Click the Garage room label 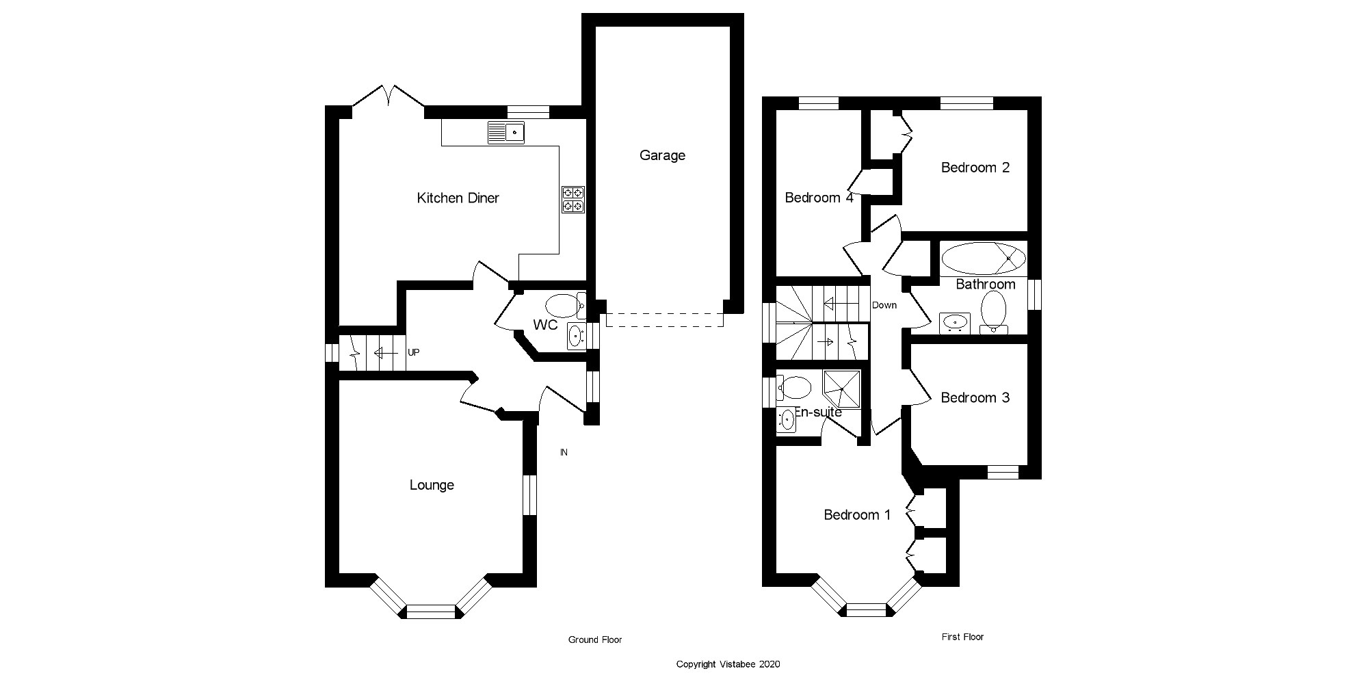662,155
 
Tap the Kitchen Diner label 458,198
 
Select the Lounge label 432,485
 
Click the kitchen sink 506,132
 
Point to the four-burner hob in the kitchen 573,199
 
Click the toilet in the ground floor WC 562,304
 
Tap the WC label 545,325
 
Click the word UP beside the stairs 413,352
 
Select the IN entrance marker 564,452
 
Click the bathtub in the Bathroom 983,259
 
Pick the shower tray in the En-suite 841,389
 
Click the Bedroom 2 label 975,168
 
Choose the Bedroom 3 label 975,397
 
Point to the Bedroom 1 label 857,514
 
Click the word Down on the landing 884,305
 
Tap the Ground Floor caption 595,640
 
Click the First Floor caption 962,637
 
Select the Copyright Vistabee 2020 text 728,664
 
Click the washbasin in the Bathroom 954,321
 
